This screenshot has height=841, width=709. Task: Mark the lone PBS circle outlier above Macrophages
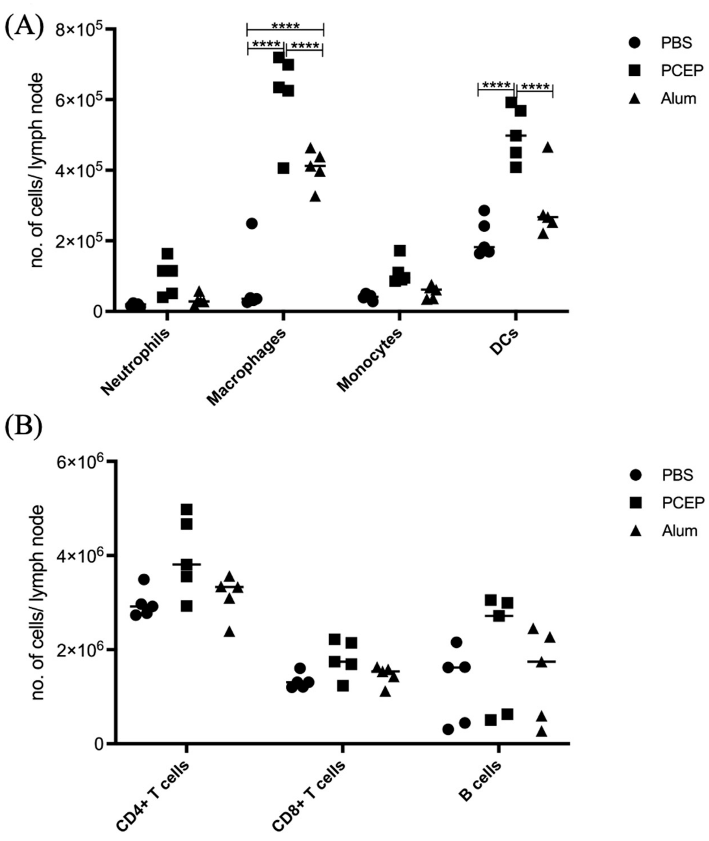(x=252, y=223)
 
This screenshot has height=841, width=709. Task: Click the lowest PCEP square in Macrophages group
(x=283, y=168)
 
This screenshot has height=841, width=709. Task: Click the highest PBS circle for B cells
(x=456, y=642)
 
